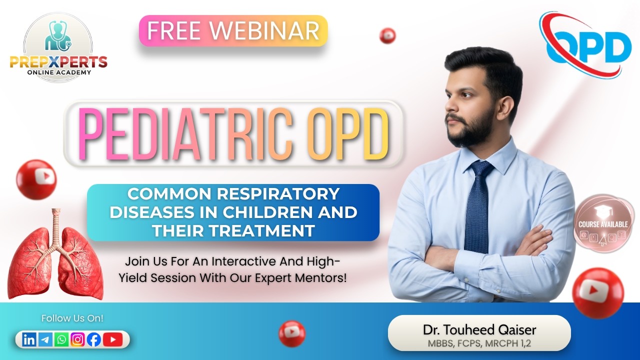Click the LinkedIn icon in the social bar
29,340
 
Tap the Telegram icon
45,340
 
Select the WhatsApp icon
61,340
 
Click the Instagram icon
77,340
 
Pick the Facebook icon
93,340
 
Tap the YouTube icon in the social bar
112,340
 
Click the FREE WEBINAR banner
233,31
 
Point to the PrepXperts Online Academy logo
58,47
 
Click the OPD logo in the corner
584,44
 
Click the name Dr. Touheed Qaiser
479,329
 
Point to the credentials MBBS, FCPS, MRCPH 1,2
479,343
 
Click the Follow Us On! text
72,318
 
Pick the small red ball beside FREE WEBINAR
387,35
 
